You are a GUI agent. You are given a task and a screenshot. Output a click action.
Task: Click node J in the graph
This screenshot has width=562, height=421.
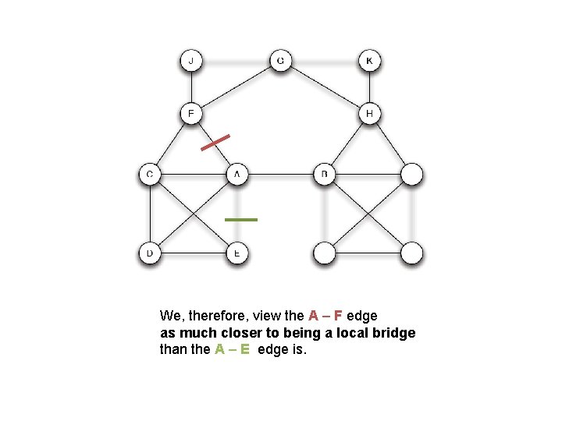192,60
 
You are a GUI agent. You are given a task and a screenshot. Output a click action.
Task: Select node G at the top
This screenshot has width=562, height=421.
280,60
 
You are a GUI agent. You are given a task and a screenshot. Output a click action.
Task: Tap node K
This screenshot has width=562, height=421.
369,60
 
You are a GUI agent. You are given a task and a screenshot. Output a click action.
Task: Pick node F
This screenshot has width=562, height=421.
192,114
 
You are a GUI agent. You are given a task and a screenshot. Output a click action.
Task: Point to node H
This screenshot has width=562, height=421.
369,114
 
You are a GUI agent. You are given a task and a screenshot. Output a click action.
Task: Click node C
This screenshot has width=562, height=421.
149,174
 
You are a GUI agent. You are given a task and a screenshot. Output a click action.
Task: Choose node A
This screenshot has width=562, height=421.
237,174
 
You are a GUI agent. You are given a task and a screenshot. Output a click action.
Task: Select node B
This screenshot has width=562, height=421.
325,174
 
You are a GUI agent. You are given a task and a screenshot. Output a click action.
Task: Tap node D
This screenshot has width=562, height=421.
149,253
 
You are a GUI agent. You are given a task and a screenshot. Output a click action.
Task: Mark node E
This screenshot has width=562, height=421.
237,253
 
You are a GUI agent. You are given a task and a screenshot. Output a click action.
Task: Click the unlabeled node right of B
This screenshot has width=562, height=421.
412,174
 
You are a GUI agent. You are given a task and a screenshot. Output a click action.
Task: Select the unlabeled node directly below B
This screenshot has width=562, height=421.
325,253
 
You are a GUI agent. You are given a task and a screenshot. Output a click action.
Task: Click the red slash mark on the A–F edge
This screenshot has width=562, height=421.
215,142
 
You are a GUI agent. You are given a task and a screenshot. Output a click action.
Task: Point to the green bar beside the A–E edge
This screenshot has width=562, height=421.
240,220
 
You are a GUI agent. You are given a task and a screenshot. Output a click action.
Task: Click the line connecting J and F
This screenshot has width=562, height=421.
192,87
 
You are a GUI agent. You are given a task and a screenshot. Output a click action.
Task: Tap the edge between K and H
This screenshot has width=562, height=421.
369,87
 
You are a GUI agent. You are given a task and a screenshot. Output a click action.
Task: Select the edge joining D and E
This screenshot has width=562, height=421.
193,253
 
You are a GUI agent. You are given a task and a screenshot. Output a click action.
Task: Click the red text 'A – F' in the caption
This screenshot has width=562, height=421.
325,316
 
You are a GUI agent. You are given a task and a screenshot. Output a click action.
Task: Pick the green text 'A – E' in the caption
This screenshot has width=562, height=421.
232,349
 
